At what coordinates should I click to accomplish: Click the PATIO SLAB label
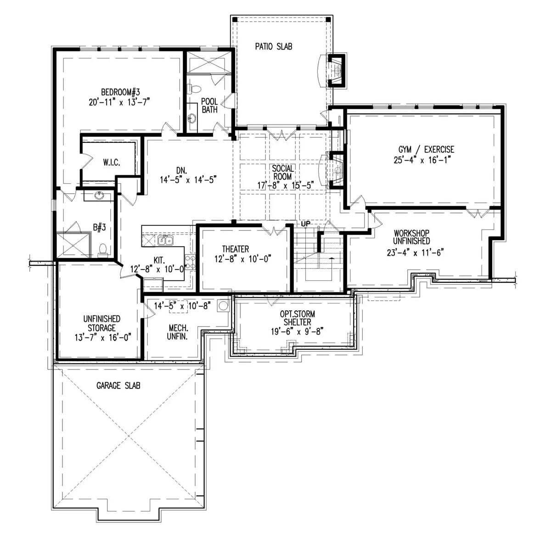point(274,46)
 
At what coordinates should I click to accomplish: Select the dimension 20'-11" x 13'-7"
point(119,101)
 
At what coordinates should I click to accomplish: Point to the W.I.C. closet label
point(112,163)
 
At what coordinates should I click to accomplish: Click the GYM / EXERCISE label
point(426,149)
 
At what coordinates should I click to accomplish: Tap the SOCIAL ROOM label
point(282,173)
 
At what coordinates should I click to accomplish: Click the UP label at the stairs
point(306,224)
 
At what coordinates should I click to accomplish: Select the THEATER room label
point(236,249)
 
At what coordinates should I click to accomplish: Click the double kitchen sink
point(165,240)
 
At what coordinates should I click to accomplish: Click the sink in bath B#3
point(99,196)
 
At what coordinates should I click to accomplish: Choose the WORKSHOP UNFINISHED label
point(411,237)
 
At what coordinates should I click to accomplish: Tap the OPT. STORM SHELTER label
point(297,318)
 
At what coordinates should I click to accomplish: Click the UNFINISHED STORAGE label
point(101,323)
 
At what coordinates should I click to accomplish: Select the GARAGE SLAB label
point(118,386)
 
